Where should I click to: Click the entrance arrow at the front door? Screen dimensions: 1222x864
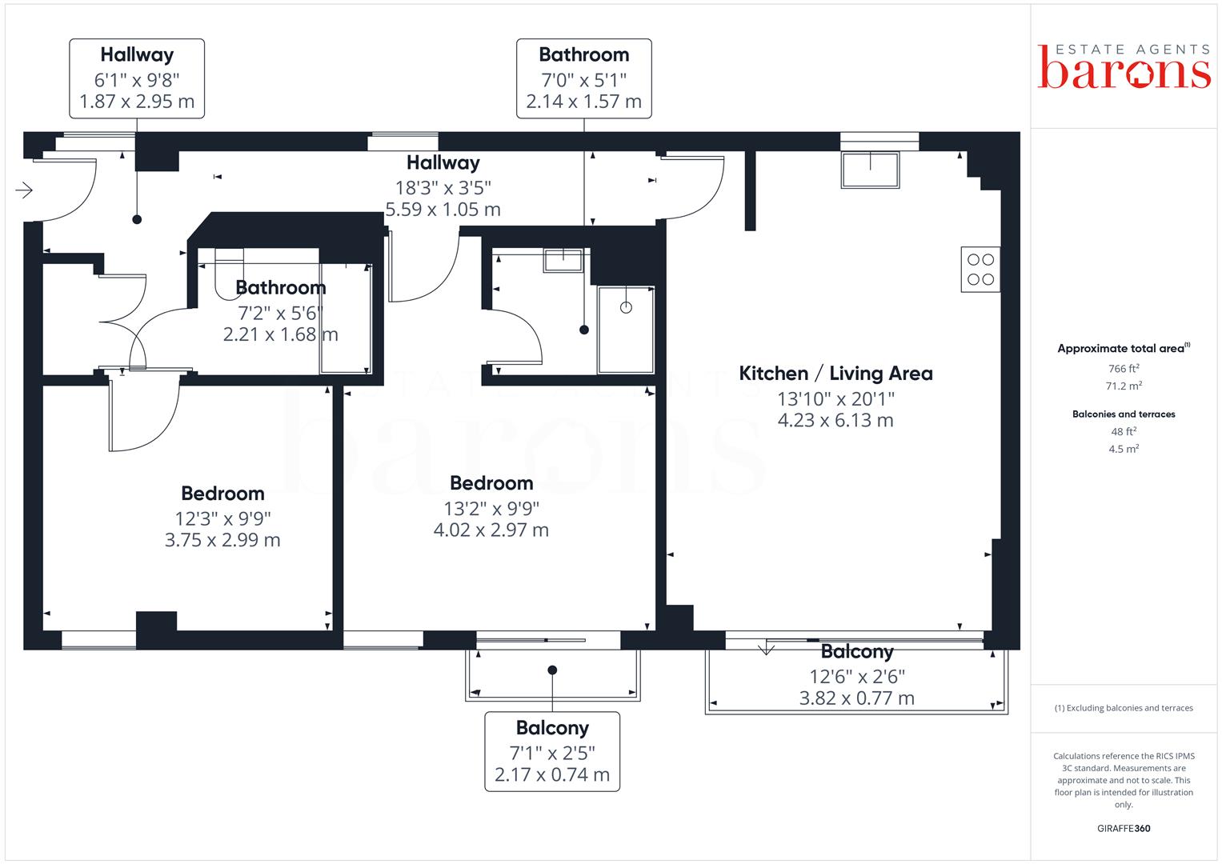[24, 190]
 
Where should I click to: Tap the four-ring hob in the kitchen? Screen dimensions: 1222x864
[980, 270]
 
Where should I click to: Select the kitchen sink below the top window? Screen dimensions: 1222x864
[870, 170]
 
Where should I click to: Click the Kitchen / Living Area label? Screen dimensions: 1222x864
[835, 374]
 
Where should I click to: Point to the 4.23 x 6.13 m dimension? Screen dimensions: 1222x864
[835, 420]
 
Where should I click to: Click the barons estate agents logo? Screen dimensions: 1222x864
[1124, 66]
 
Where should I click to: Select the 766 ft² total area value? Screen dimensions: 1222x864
[1124, 368]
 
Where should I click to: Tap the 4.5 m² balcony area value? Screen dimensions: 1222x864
[1124, 448]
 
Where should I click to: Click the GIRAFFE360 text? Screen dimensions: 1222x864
[1124, 828]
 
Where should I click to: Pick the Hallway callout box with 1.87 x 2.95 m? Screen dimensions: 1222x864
[137, 78]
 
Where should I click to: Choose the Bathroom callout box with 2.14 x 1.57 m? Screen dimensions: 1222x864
[583, 78]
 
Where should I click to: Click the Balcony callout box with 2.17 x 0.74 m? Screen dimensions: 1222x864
[552, 751]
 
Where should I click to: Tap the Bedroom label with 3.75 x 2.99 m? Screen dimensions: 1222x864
[222, 494]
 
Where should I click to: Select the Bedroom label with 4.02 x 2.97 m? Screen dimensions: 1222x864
[491, 483]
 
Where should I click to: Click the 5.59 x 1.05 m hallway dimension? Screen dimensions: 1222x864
[443, 210]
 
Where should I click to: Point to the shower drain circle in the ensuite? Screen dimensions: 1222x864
[626, 308]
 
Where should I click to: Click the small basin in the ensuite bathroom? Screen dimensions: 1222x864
[563, 260]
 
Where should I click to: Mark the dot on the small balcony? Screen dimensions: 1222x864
[552, 670]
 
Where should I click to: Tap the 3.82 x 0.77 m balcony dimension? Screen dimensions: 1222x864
[856, 698]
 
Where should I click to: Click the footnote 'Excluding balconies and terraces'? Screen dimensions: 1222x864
[1124, 708]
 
